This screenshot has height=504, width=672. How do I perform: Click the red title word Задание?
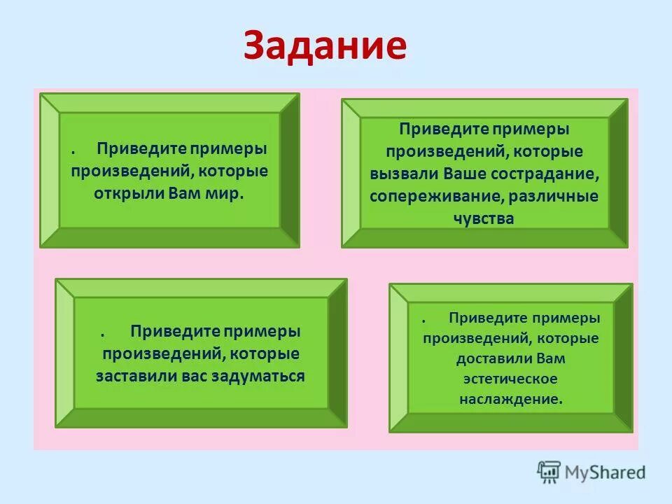tap(325, 46)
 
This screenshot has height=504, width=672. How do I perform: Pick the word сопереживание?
tap(437, 196)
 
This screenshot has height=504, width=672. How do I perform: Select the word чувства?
tap(484, 218)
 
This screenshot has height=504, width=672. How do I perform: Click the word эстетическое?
tap(510, 379)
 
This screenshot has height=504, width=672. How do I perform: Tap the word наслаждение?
tap(511, 399)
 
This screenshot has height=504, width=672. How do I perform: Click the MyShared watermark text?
tap(605, 472)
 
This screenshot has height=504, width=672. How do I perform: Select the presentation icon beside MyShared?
tap(549, 472)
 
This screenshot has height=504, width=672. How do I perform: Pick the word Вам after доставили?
tap(551, 358)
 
